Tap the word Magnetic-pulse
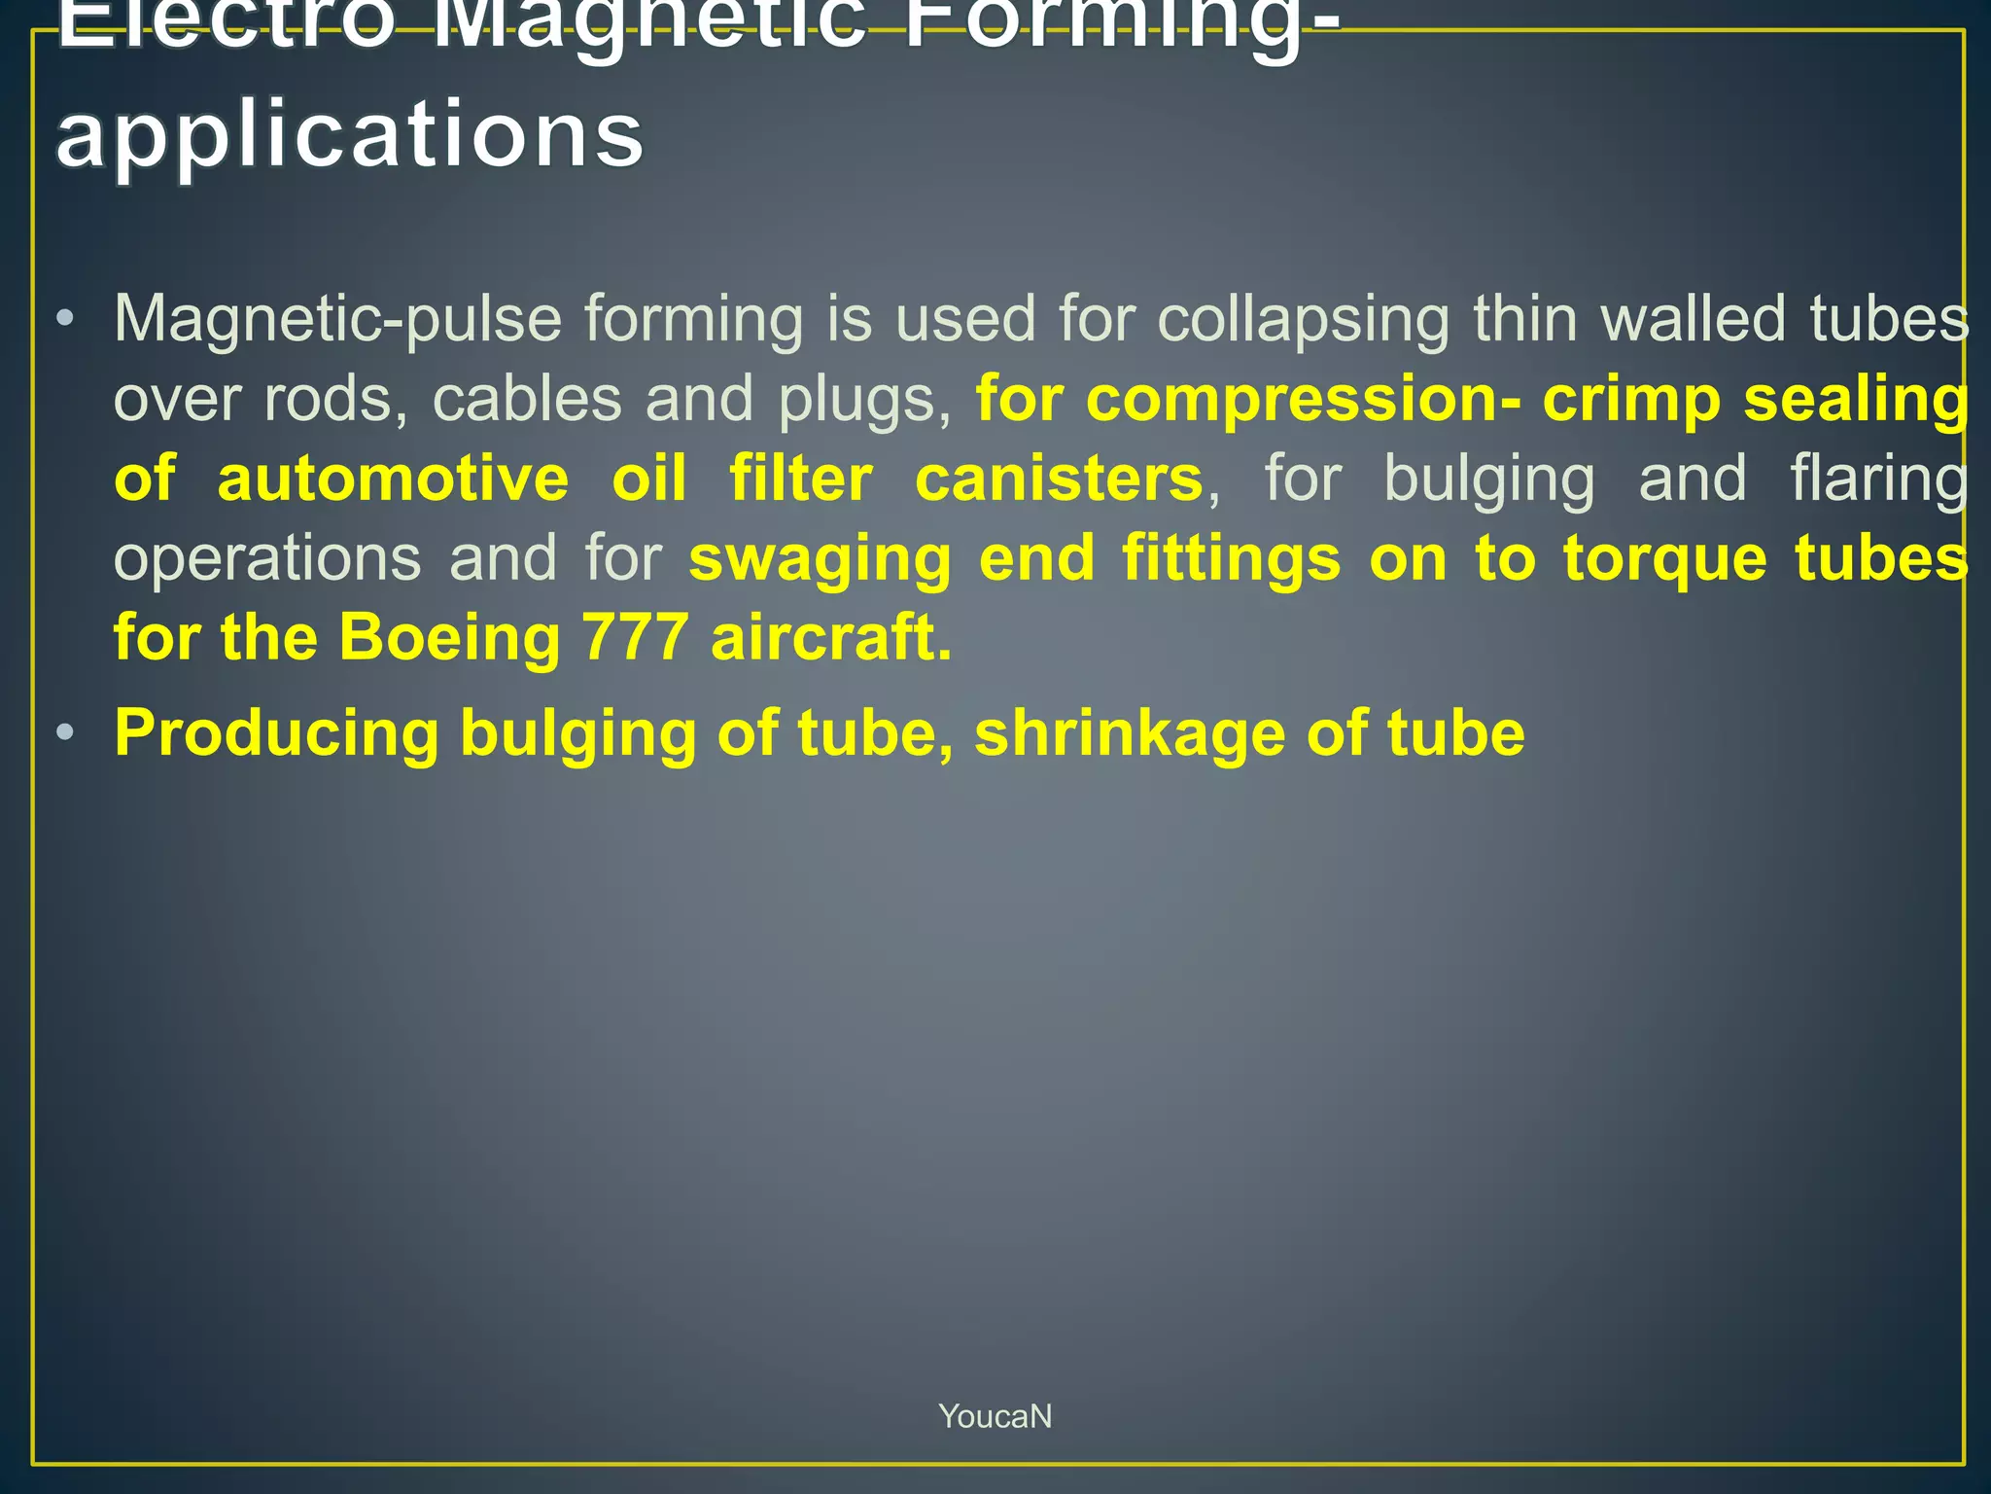tap(337, 319)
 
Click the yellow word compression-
tap(1248, 399)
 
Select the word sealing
tap(1856, 401)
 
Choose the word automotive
tap(393, 479)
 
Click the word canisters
tap(1059, 479)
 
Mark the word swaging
tap(820, 560)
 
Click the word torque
tap(1664, 560)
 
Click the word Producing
tap(277, 733)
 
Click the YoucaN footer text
tap(995, 1416)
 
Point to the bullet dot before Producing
tap(65, 731)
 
